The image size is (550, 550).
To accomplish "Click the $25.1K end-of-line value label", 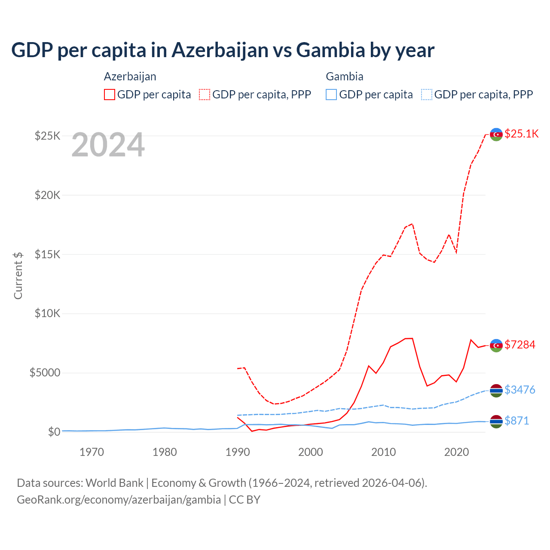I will [x=521, y=134].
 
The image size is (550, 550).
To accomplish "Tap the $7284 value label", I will [x=519, y=345].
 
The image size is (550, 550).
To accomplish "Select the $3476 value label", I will [x=519, y=390].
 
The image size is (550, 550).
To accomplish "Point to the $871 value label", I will [x=516, y=421].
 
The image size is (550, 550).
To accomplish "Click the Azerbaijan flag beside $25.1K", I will [x=496, y=134].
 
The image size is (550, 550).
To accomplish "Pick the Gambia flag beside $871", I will [x=496, y=422].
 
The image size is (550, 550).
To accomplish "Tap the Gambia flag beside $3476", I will [x=496, y=391].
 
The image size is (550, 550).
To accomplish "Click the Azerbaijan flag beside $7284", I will [x=496, y=345].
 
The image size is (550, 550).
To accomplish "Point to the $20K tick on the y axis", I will [x=48, y=195].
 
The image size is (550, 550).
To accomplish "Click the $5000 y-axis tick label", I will [x=45, y=373].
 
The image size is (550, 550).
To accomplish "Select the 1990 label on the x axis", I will [x=238, y=452].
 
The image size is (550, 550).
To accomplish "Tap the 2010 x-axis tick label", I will [x=383, y=452].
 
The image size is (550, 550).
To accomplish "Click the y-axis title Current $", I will [x=18, y=275].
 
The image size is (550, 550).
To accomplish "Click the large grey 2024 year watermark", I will [x=108, y=145].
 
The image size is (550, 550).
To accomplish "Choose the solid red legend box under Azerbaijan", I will [x=110, y=95].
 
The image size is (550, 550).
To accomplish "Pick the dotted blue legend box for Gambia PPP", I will [x=427, y=95].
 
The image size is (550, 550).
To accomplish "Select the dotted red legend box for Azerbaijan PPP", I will [x=205, y=95].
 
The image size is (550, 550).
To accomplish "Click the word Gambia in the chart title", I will [x=330, y=50].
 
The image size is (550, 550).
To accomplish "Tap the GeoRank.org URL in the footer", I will [x=119, y=500].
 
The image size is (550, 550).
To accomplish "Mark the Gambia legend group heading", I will [x=345, y=76].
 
